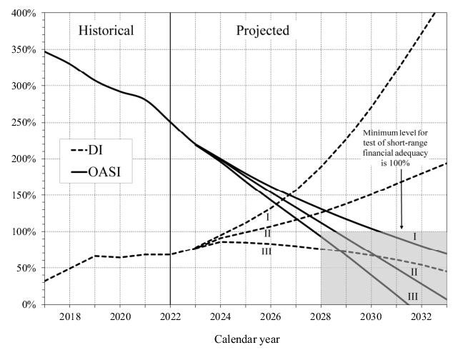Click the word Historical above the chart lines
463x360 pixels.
(x=106, y=31)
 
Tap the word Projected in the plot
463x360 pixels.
(x=263, y=31)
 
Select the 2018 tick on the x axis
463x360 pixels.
(x=70, y=316)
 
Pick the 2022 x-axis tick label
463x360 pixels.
(x=170, y=316)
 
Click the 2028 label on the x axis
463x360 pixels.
(x=321, y=316)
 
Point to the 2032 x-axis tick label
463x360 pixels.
(x=422, y=316)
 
